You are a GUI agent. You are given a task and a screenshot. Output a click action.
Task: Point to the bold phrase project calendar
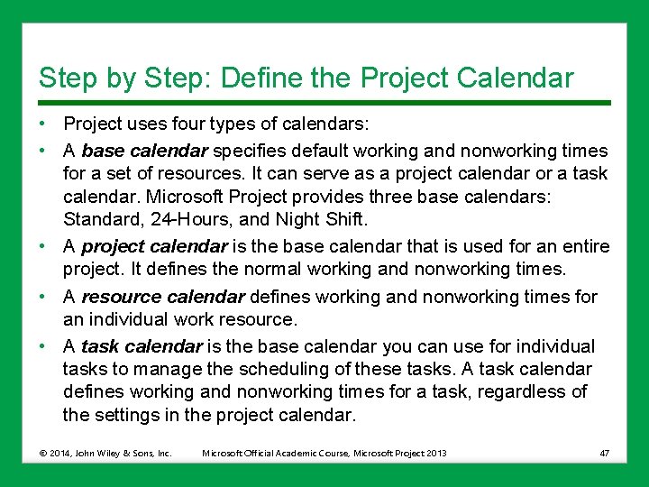pyautogui.click(x=153, y=247)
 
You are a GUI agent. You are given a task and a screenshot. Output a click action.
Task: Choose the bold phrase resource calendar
pyautogui.click(x=162, y=297)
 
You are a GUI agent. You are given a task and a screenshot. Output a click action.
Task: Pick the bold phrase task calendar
pyautogui.click(x=142, y=346)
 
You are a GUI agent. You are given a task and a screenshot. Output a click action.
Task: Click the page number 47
pyautogui.click(x=604, y=452)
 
